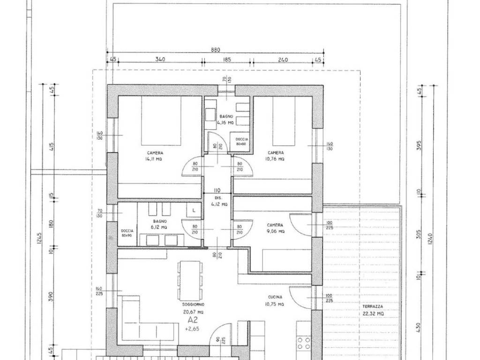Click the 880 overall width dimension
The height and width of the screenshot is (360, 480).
point(215,50)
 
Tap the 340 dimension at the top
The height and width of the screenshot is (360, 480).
point(160,60)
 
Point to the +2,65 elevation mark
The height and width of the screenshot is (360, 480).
point(190,329)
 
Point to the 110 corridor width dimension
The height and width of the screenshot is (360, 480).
point(217,190)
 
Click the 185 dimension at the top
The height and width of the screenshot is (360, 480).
point(227,60)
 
